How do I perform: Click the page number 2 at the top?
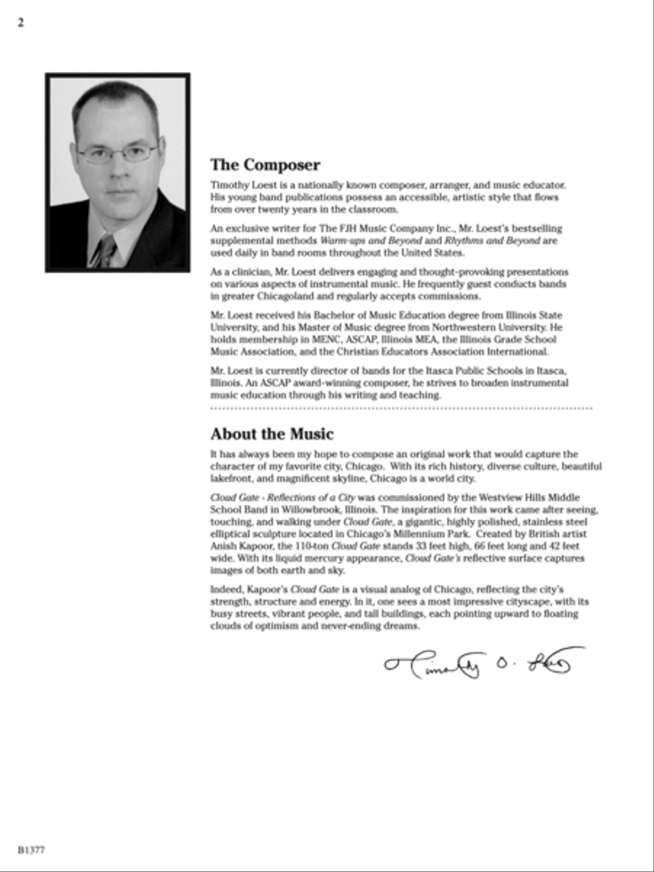tap(20, 23)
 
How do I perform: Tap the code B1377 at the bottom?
tap(32, 849)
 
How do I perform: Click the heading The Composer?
tap(265, 165)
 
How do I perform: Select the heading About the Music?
tap(272, 434)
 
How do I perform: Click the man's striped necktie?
tap(103, 251)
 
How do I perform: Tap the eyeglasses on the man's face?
tap(118, 153)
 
